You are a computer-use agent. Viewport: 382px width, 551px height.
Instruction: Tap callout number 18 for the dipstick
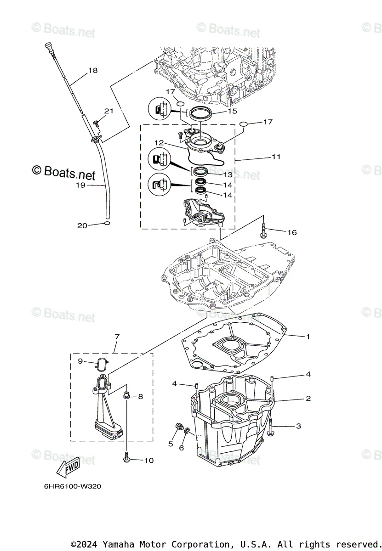[x=93, y=71]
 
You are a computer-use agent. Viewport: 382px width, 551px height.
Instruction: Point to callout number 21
[x=108, y=111]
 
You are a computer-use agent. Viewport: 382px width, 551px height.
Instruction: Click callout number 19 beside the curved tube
[x=81, y=186]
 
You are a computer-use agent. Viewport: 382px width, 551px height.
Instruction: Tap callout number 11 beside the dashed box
[x=276, y=157]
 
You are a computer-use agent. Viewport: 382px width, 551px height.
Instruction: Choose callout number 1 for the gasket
[x=308, y=337]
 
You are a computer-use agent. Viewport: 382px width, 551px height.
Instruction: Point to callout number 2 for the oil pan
[x=308, y=399]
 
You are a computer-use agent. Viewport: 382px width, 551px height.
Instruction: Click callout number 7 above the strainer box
[x=117, y=337]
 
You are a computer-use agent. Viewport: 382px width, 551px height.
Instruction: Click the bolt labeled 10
[x=126, y=456]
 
